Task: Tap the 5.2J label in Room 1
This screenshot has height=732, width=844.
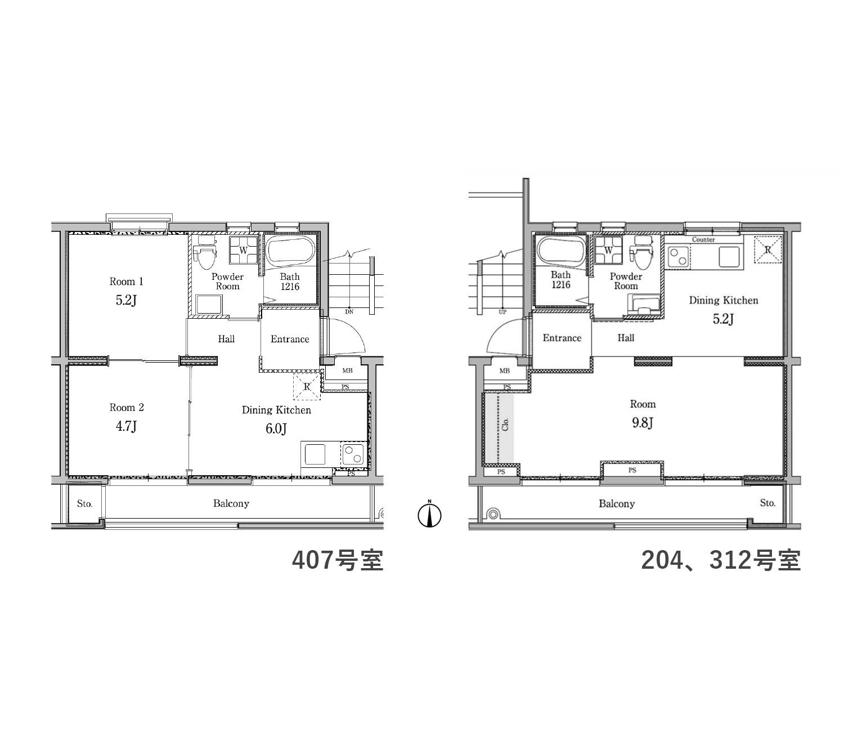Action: [x=126, y=301]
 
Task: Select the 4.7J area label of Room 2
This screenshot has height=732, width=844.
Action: [x=126, y=426]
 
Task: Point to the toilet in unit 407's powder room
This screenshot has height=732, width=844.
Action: [x=207, y=252]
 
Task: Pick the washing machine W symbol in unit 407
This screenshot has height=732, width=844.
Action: [x=244, y=249]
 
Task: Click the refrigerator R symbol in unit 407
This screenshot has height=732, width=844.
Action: [x=307, y=387]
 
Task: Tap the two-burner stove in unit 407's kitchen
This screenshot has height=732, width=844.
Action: [x=353, y=453]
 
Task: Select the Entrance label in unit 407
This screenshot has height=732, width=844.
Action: [x=290, y=339]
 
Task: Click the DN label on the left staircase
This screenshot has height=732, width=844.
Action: [x=349, y=311]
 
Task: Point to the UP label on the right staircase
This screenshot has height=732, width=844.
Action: [x=502, y=312]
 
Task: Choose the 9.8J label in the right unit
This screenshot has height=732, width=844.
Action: [x=643, y=423]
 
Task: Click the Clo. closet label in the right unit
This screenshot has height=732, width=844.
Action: [x=505, y=424]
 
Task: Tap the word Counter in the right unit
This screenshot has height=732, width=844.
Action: [x=703, y=239]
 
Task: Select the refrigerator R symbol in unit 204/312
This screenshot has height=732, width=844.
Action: [x=767, y=249]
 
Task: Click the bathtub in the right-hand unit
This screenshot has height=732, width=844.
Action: [x=560, y=252]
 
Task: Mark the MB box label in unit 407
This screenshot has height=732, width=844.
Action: [x=348, y=371]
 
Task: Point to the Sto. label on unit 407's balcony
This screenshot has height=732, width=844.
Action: [x=84, y=503]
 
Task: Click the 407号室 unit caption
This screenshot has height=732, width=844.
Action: [x=338, y=560]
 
